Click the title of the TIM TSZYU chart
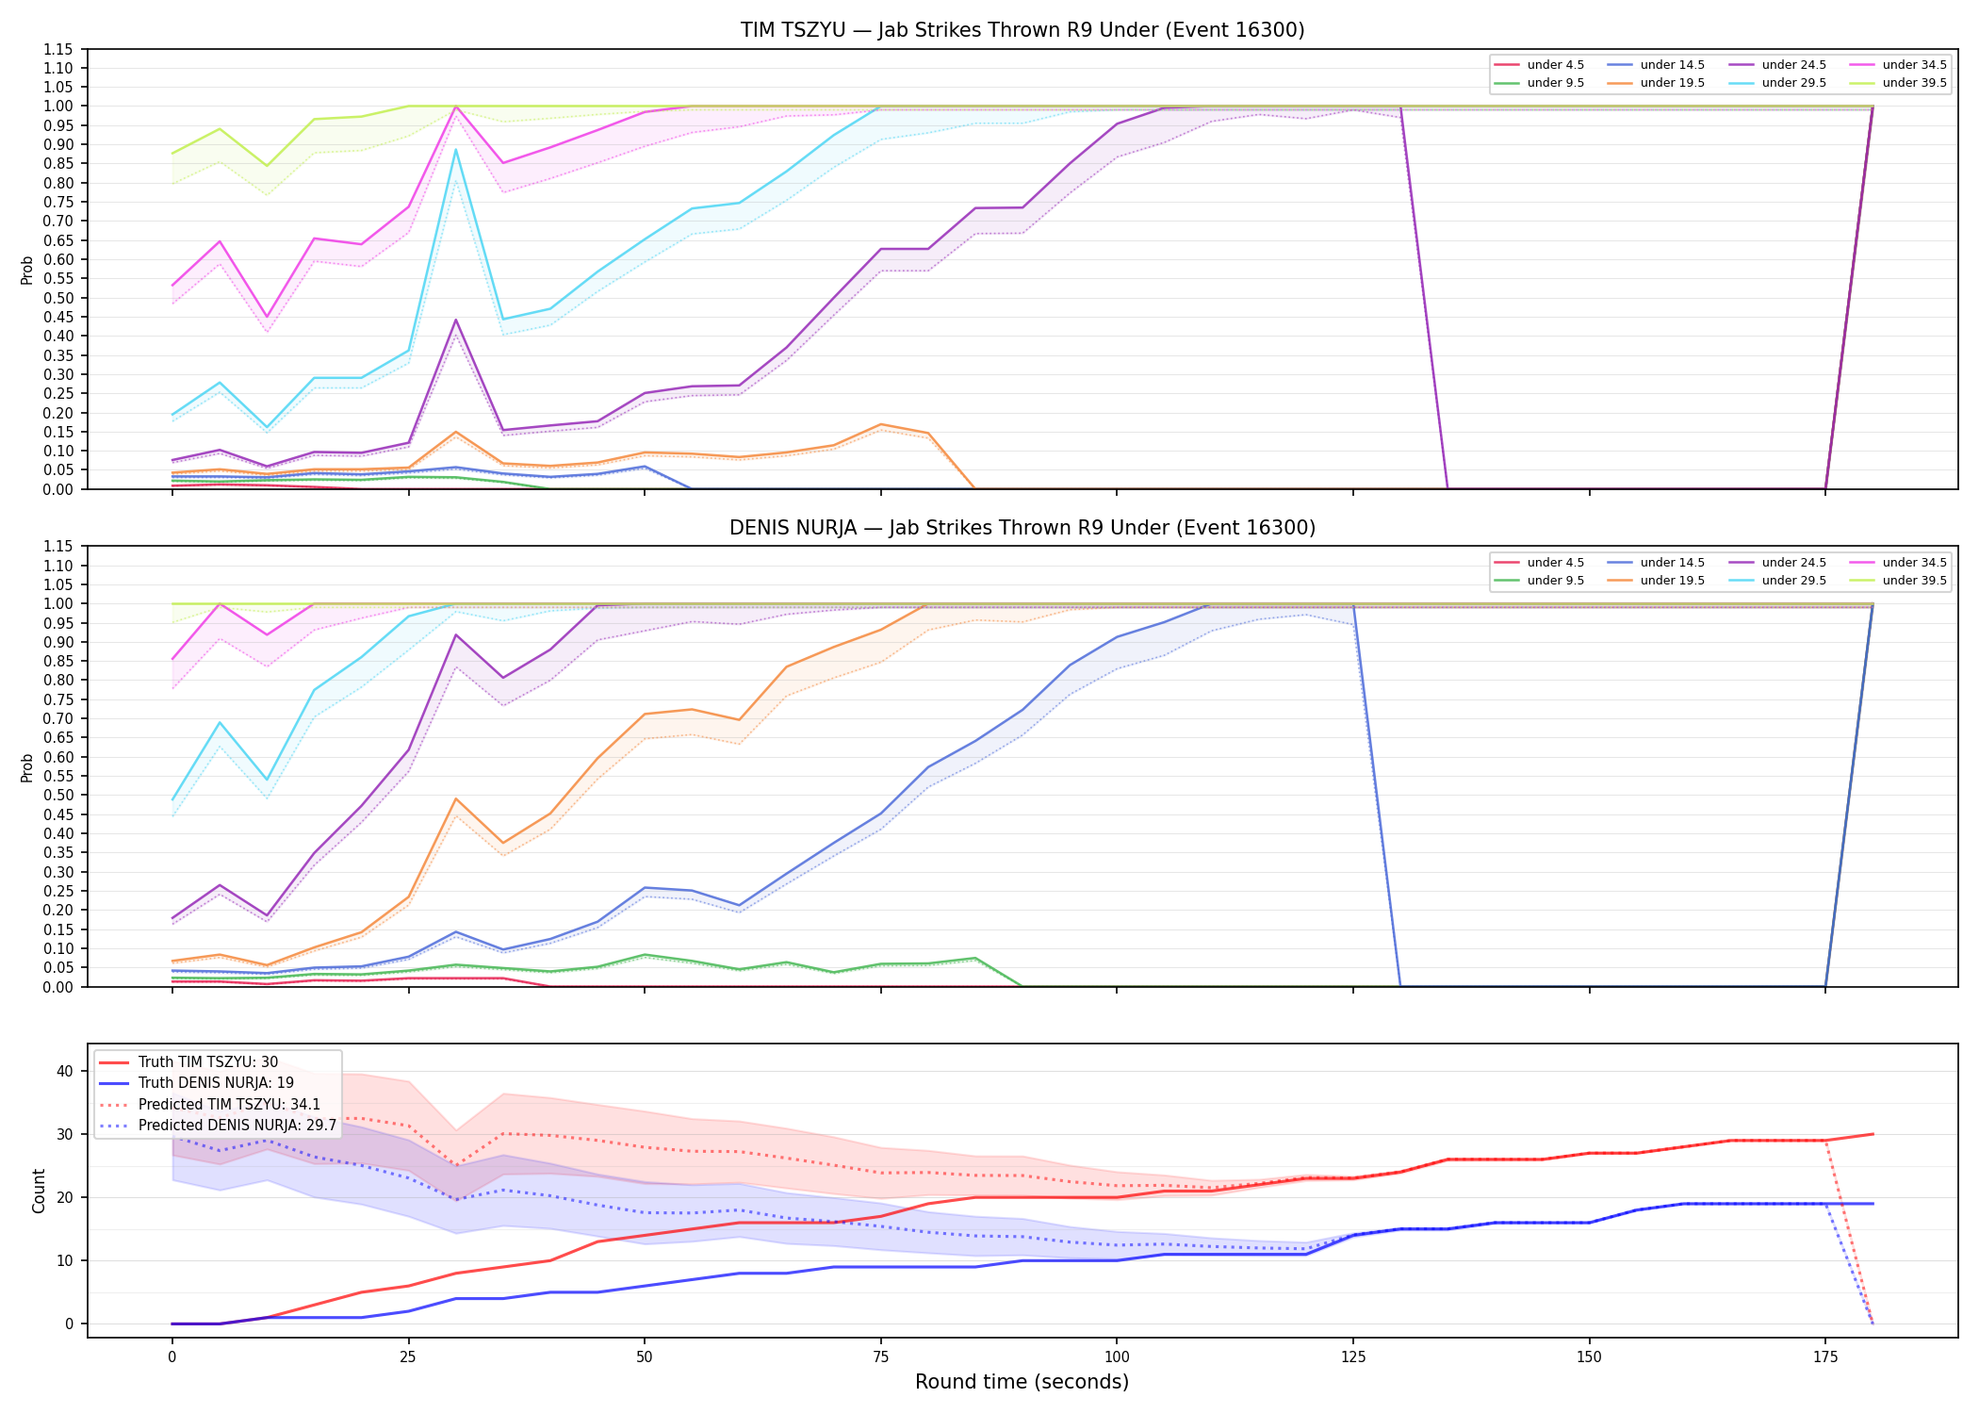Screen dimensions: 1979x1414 click(x=1022, y=30)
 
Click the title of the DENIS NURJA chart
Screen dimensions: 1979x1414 click(x=1022, y=528)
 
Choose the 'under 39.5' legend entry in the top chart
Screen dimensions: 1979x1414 click(x=1899, y=83)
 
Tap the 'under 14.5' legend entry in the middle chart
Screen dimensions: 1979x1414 click(x=1656, y=563)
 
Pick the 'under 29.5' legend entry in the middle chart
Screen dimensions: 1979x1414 click(x=1777, y=581)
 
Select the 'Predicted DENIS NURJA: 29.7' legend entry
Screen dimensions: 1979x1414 click(x=218, y=1126)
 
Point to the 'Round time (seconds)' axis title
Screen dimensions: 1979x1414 click(x=1022, y=1382)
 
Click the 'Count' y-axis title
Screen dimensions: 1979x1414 click(x=39, y=1191)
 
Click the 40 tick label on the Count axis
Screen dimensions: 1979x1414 click(x=65, y=1071)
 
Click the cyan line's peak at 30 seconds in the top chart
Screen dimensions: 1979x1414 click(x=456, y=149)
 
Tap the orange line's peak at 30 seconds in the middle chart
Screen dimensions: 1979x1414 click(x=456, y=798)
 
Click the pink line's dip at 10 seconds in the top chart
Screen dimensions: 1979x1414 click(x=267, y=317)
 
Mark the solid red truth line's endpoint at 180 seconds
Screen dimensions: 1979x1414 click(x=1873, y=1134)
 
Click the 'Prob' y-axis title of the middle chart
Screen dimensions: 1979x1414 click(x=27, y=767)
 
